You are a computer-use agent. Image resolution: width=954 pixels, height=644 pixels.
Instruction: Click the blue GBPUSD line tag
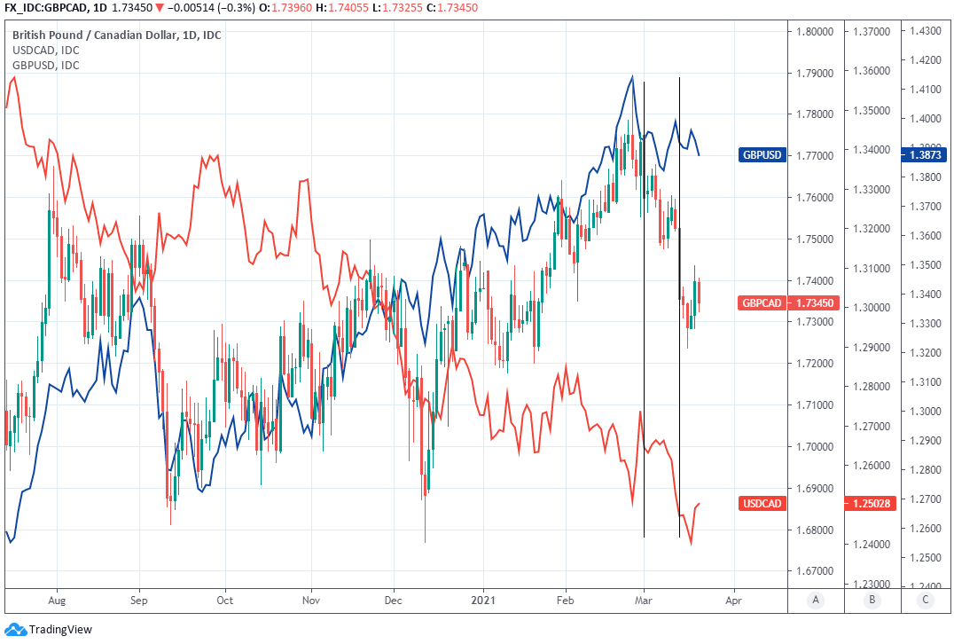(x=762, y=155)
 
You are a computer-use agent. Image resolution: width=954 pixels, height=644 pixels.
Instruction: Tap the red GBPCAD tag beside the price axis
(x=762, y=303)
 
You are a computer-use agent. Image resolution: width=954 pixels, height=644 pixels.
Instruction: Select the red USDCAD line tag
(x=762, y=504)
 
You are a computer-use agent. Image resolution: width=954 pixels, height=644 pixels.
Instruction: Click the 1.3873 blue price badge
(x=925, y=155)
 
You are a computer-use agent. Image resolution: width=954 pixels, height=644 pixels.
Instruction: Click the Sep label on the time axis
(x=139, y=601)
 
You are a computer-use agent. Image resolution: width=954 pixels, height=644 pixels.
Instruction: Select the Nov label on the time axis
(x=310, y=601)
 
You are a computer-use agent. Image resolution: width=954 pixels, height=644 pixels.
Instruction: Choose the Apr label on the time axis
(x=733, y=601)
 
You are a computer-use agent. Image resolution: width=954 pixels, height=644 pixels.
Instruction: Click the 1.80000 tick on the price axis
(x=815, y=32)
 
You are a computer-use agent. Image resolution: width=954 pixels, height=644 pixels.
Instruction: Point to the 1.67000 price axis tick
(x=815, y=571)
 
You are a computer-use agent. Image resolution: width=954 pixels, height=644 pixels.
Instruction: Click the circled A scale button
(x=816, y=601)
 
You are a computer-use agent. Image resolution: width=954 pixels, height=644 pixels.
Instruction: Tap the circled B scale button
(x=872, y=601)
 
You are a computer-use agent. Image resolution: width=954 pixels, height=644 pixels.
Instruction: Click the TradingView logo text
(x=59, y=630)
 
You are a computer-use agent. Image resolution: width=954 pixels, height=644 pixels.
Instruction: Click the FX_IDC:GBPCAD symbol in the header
(x=45, y=8)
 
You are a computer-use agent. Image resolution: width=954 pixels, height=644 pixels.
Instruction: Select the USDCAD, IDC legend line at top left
(x=45, y=51)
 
